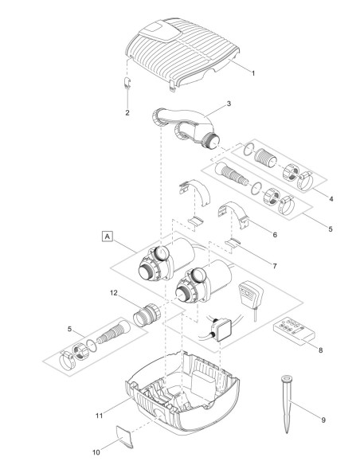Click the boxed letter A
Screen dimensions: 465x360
106,236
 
